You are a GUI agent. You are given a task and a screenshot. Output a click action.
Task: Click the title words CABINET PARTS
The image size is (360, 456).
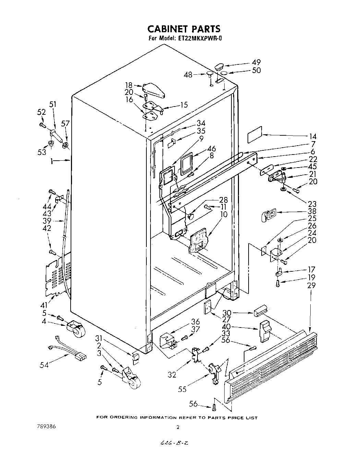pyautogui.click(x=184, y=29)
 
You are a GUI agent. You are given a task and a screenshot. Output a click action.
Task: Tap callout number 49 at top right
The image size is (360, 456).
pyautogui.click(x=256, y=62)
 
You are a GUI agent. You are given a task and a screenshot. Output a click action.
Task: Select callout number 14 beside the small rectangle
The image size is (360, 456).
pyautogui.click(x=313, y=136)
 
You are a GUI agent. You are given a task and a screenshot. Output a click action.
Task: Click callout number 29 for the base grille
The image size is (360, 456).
pyautogui.click(x=312, y=285)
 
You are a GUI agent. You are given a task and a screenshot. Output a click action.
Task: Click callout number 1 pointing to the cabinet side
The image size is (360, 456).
pyautogui.click(x=51, y=160)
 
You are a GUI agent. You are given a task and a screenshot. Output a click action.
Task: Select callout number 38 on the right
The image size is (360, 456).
pyautogui.click(x=313, y=211)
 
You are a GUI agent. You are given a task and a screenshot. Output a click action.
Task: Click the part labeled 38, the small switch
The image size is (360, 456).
pyautogui.click(x=269, y=215)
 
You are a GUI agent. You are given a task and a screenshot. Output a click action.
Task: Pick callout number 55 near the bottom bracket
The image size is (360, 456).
pyautogui.click(x=183, y=389)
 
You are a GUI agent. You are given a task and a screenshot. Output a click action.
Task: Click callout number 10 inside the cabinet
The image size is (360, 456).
pyautogui.click(x=225, y=214)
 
